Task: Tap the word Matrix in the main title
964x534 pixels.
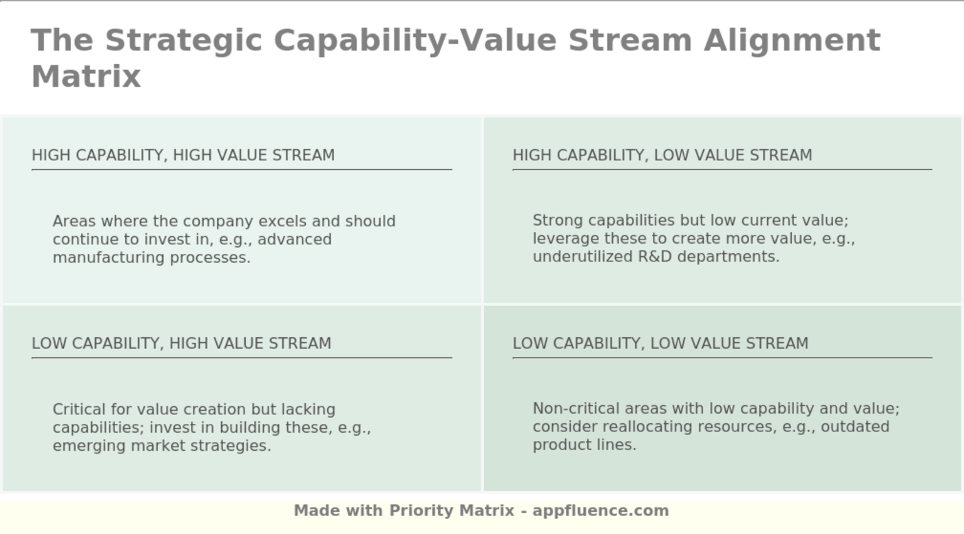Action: click(86, 76)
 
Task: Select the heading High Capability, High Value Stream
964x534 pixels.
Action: click(183, 156)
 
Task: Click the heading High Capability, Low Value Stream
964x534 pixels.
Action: click(662, 156)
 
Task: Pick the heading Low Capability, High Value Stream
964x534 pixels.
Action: click(181, 343)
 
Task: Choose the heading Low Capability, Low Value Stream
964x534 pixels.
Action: click(660, 343)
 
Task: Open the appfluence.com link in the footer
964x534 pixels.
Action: click(600, 511)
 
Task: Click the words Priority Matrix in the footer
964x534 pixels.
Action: click(452, 511)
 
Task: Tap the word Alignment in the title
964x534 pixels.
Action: click(792, 41)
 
